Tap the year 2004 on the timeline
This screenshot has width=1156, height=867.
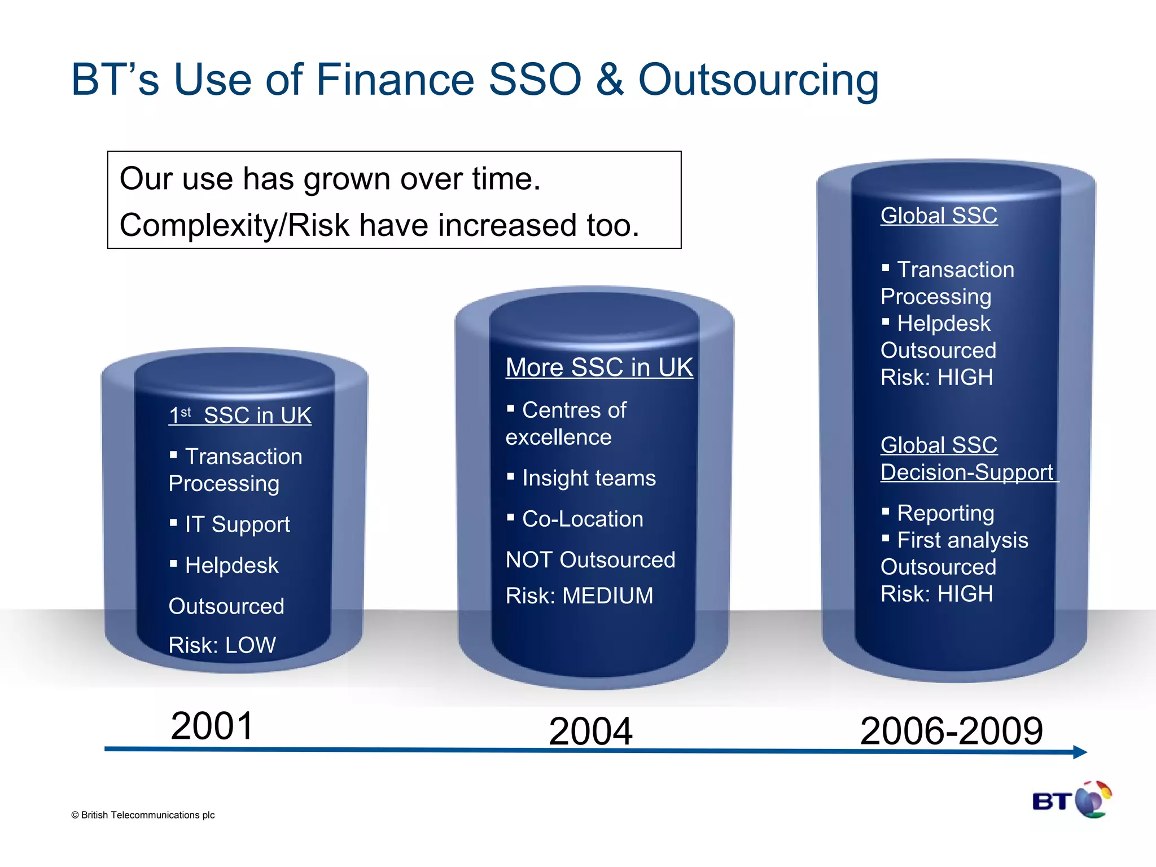(x=590, y=732)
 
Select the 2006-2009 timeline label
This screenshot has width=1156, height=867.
(x=951, y=732)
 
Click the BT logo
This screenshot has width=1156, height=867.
(x=1071, y=800)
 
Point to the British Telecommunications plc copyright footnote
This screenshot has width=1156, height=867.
(x=143, y=815)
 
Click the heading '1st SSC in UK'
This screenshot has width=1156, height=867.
(x=240, y=416)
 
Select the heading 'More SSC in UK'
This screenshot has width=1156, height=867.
(x=599, y=367)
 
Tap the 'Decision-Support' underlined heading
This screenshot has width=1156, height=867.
(x=967, y=472)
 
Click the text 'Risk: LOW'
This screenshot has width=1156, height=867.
(x=222, y=645)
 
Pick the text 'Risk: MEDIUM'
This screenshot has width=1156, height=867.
(x=579, y=596)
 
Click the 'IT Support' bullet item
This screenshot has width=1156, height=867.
(x=237, y=524)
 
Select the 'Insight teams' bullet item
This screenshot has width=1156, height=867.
(x=589, y=478)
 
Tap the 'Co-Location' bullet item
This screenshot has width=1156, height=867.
(x=583, y=519)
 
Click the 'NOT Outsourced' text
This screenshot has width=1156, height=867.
(x=590, y=560)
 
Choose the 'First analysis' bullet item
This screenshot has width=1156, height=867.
(x=962, y=540)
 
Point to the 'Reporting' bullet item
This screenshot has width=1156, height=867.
(x=945, y=513)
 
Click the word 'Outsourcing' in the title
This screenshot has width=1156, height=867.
(x=758, y=80)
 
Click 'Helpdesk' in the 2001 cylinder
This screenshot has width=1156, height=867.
(x=231, y=566)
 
